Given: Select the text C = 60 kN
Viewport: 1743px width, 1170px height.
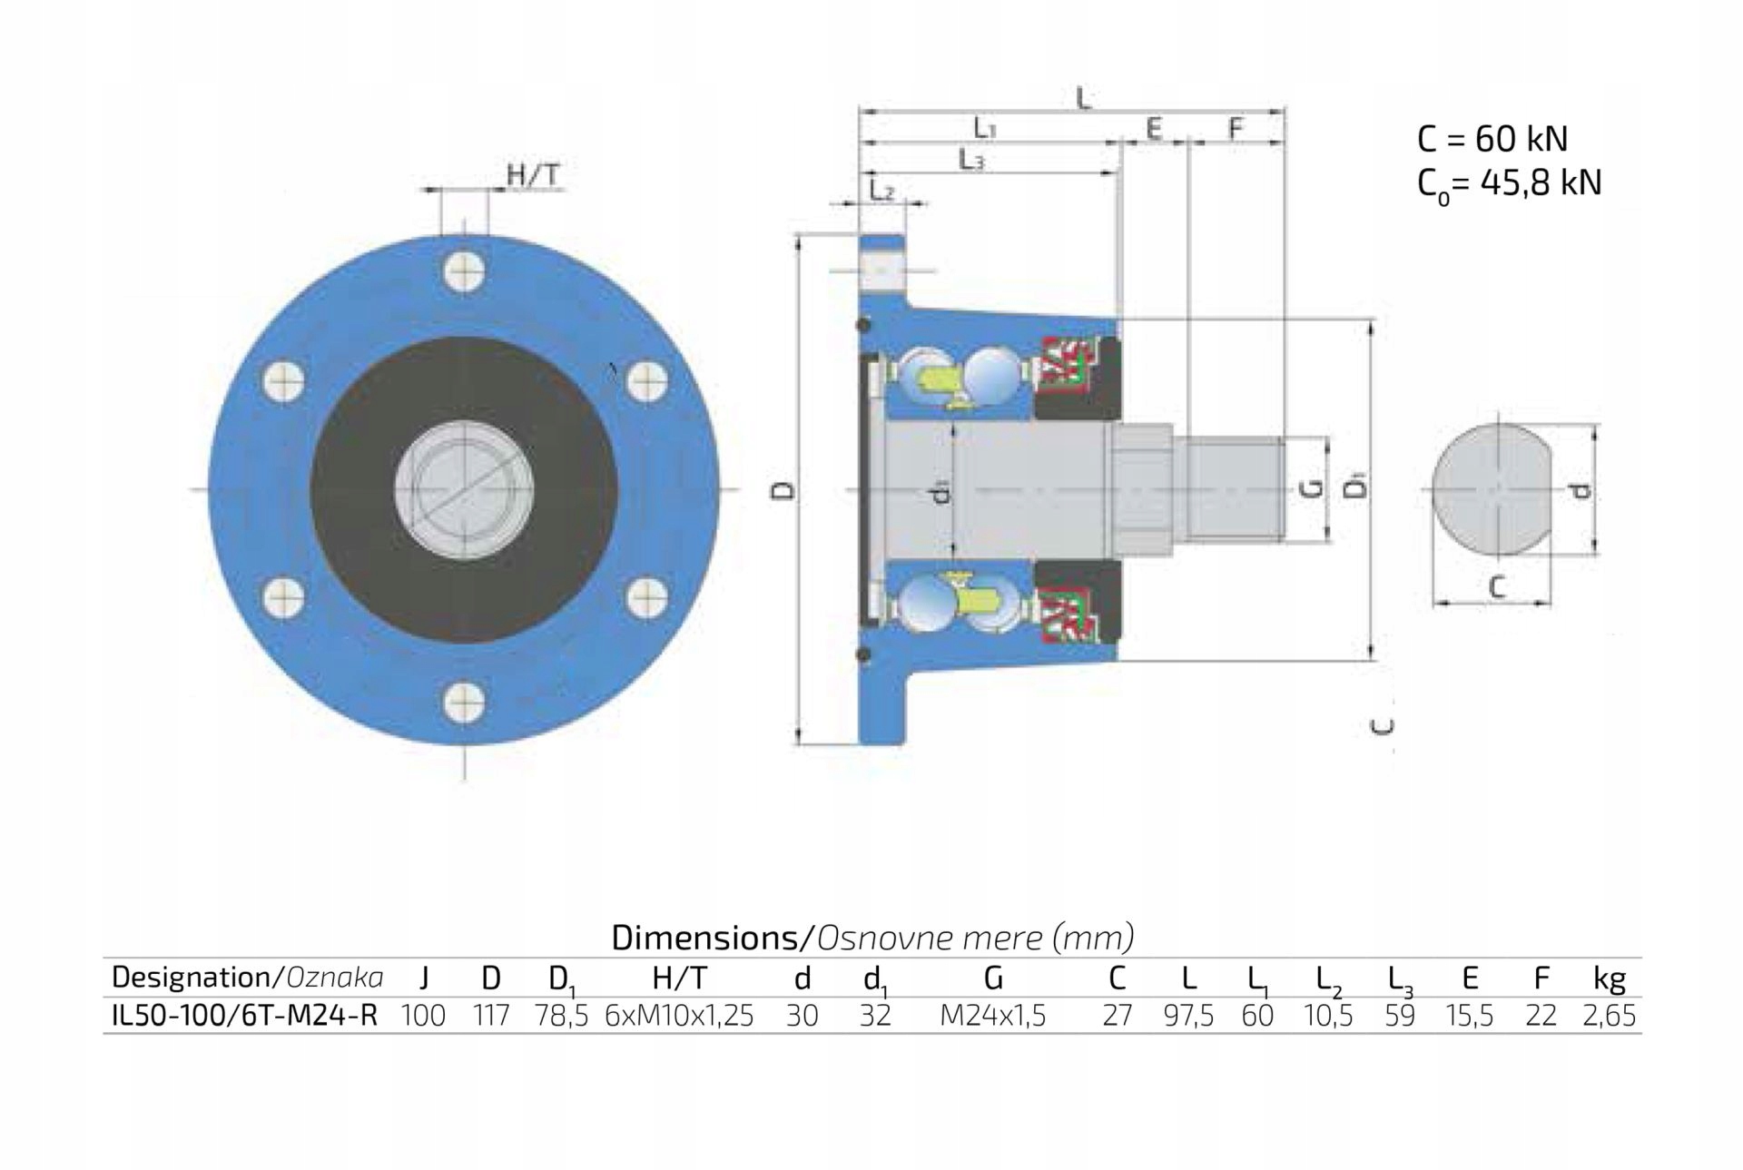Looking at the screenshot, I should tap(1492, 139).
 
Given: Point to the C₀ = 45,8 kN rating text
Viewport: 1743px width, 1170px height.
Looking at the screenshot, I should tap(1508, 184).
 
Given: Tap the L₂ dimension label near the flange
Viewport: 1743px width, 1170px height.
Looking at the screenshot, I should tap(881, 192).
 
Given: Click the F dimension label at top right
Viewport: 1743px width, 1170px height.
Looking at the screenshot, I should tap(1235, 129).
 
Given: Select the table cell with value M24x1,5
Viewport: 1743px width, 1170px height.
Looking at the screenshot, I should tap(992, 1016).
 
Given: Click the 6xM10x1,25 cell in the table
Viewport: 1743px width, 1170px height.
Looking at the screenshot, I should tap(679, 1016).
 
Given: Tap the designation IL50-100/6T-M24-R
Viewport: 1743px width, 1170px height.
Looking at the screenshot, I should tap(244, 1016).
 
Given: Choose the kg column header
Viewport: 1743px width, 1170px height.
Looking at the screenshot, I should tap(1609, 978).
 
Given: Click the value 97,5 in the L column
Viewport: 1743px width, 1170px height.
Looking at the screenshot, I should tap(1187, 1016).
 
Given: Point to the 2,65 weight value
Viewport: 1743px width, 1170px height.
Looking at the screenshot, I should tap(1608, 1016).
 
